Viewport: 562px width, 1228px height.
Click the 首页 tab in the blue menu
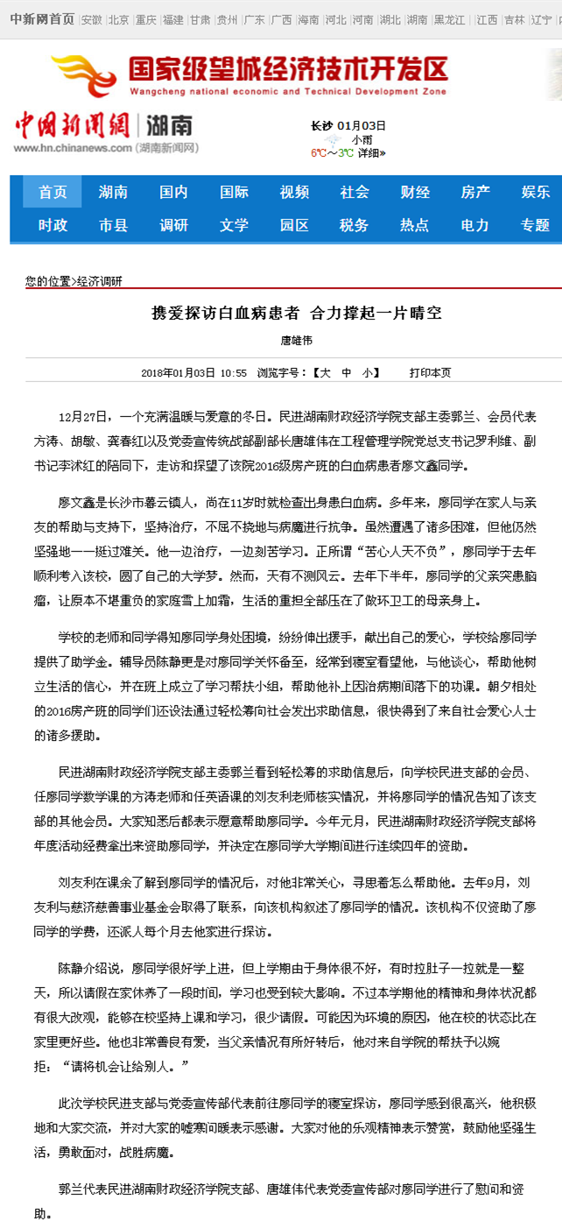(53, 192)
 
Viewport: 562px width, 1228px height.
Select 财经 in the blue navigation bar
(415, 192)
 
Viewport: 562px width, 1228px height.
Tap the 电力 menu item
(474, 225)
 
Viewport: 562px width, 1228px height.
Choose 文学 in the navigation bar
(234, 225)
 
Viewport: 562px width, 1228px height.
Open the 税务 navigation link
(354, 225)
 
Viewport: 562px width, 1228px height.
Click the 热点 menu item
(415, 225)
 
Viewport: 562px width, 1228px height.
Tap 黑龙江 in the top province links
(450, 19)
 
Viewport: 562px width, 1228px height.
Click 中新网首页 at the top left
(42, 19)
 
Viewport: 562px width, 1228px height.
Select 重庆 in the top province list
(146, 19)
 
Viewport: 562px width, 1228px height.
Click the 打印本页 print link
(430, 372)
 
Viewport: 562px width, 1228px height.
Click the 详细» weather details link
(371, 153)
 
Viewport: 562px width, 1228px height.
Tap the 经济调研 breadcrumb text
(100, 281)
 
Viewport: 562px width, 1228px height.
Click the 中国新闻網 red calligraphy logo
(71, 125)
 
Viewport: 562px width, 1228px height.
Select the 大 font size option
(325, 372)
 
